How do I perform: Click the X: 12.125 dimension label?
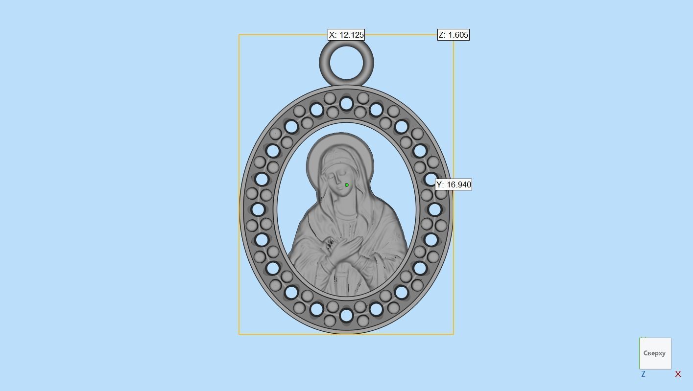click(346, 35)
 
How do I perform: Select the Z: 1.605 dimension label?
click(453, 35)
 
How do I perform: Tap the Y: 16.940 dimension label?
click(454, 184)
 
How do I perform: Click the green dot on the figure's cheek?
click(347, 185)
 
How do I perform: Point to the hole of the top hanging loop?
click(346, 63)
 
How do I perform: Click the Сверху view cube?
click(655, 353)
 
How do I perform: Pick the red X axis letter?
click(678, 374)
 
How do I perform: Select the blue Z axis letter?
click(643, 374)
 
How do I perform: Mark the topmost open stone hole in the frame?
click(346, 104)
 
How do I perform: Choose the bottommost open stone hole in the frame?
click(346, 316)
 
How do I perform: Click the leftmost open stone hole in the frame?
click(258, 209)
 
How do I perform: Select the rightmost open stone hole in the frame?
click(434, 209)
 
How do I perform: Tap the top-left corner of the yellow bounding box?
click(239, 35)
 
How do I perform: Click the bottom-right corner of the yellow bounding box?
click(454, 334)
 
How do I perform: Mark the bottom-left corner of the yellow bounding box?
click(239, 334)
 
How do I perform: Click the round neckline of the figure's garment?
click(346, 215)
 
